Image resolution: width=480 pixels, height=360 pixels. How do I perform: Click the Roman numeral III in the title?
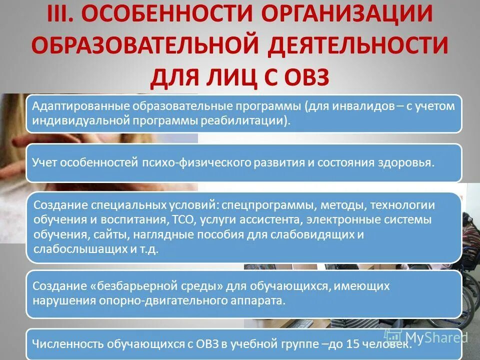point(62,15)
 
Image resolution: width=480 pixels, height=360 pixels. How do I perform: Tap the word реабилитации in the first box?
point(254,120)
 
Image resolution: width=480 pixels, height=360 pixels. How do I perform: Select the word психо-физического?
point(185,162)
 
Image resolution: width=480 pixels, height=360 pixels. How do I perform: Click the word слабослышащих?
point(73,249)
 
